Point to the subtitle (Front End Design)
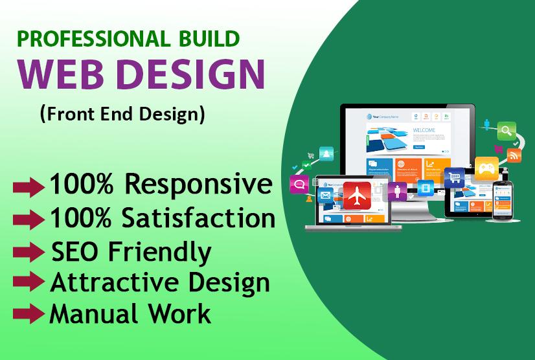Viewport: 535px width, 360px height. pos(122,114)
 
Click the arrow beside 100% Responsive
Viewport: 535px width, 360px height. pos(29,186)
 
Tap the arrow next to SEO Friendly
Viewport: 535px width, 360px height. pos(29,251)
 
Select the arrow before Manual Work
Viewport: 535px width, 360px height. pos(29,314)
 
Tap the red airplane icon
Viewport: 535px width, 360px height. pos(357,195)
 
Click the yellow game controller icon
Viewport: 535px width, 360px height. pos(486,168)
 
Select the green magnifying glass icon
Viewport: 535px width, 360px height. pos(506,131)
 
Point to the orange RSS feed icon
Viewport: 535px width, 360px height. pos(514,155)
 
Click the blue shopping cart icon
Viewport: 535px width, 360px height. pos(455,177)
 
